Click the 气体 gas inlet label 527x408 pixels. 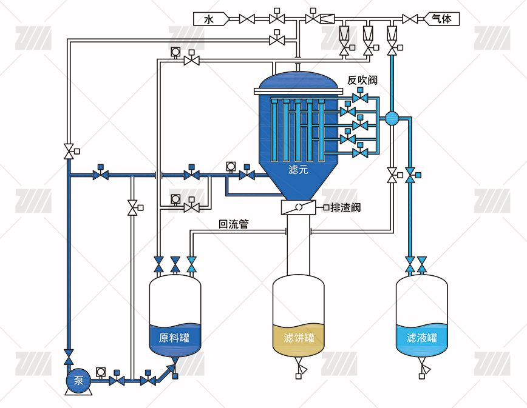click(441, 19)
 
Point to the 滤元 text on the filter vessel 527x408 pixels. click(298, 170)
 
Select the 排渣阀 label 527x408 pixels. click(345, 208)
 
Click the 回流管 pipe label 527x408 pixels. click(234, 224)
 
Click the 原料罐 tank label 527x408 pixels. click(174, 338)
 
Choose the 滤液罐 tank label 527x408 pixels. click(422, 338)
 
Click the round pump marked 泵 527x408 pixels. click(79, 381)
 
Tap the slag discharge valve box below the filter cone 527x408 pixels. click(299, 207)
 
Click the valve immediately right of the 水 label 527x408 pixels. click(246, 19)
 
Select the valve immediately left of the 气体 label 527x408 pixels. click(410, 19)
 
